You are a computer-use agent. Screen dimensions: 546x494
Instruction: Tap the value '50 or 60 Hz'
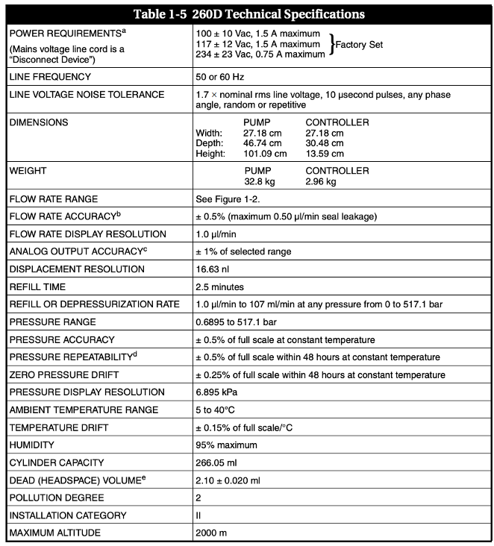(219, 77)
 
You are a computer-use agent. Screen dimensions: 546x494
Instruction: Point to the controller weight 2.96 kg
(322, 181)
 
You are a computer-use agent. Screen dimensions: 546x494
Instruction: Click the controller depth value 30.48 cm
(325, 143)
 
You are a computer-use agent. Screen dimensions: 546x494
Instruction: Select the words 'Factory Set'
(360, 45)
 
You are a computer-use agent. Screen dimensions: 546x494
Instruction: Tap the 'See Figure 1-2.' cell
(226, 199)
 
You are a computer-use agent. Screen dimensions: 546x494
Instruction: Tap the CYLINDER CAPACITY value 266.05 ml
(218, 462)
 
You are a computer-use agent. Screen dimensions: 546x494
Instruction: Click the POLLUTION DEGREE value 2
(198, 498)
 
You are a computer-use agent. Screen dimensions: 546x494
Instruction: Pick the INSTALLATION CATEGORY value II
(198, 515)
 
